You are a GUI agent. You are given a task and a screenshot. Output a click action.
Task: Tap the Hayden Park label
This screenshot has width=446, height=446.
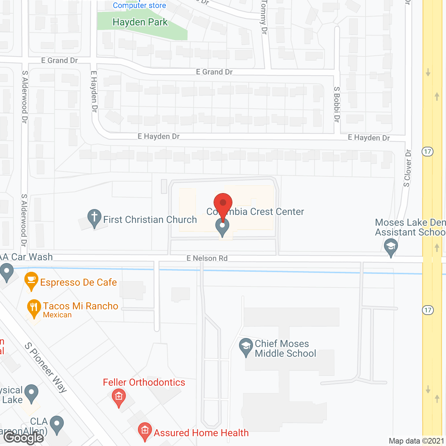tap(140, 22)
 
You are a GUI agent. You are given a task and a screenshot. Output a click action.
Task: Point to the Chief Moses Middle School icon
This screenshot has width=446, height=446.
tap(246, 347)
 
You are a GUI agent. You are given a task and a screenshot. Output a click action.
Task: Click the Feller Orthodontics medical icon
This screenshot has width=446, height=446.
tap(119, 398)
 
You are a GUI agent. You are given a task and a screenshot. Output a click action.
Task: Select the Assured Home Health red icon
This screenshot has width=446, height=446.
tap(145, 431)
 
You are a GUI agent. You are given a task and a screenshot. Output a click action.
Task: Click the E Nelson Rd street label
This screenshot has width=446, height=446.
tap(207, 258)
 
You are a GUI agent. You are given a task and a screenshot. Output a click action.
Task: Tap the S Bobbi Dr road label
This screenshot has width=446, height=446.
tap(337, 104)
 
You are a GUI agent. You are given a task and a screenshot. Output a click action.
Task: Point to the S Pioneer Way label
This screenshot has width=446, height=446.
tap(46, 367)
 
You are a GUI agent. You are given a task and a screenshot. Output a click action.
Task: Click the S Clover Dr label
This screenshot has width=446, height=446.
tap(407, 168)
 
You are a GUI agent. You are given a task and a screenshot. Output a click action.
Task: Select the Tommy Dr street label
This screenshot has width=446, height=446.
tap(264, 17)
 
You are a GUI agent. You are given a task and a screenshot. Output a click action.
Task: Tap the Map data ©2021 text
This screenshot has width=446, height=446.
tap(416, 441)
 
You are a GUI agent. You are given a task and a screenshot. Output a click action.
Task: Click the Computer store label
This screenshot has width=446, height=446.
tap(139, 5)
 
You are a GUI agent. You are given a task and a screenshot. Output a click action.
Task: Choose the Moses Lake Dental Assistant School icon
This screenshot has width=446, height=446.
tap(391, 247)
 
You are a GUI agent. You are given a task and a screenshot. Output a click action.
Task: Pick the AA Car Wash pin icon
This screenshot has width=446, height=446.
tap(6, 272)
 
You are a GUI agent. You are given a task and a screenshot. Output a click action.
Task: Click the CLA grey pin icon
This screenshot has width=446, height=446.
tap(57, 424)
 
